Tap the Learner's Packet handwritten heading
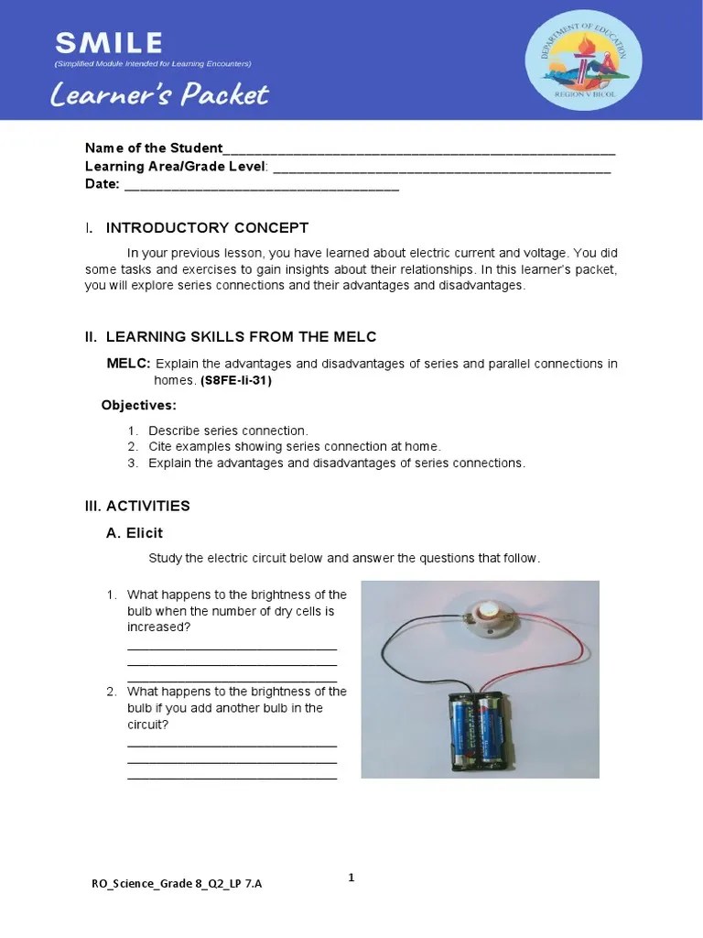(x=161, y=94)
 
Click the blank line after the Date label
(x=261, y=186)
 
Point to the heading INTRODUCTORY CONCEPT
(x=207, y=228)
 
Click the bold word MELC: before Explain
(x=129, y=364)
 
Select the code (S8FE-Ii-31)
(x=236, y=381)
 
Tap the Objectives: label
(x=138, y=405)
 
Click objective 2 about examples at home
(x=294, y=447)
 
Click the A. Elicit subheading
(x=135, y=533)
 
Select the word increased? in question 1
(x=158, y=627)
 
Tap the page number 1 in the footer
(x=351, y=878)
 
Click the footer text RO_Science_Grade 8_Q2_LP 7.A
(x=181, y=884)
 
